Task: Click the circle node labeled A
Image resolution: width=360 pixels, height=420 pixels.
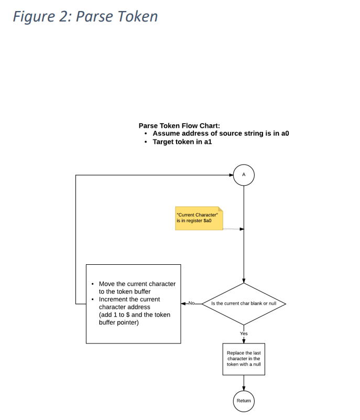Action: point(244,175)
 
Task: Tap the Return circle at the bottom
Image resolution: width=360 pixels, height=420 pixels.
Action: point(244,401)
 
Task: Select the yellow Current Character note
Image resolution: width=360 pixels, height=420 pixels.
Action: point(199,218)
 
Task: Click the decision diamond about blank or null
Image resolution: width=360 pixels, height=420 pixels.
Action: point(244,304)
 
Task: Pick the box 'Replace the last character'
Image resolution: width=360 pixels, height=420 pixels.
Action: point(244,359)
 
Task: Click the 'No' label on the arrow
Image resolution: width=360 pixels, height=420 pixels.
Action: point(191,303)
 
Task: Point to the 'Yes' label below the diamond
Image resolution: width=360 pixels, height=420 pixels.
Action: point(244,333)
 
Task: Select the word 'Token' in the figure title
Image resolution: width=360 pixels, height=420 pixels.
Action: point(138,16)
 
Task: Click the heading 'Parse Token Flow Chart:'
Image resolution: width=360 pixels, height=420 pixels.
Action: point(179,125)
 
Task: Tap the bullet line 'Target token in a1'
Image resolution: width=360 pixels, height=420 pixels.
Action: point(182,142)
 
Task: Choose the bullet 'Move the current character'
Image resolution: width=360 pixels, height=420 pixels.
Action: point(137,287)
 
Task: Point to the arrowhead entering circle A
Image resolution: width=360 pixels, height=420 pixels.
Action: point(231,175)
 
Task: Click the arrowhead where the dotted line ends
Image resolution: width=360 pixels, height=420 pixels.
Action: point(242,229)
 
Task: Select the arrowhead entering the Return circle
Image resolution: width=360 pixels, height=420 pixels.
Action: point(244,389)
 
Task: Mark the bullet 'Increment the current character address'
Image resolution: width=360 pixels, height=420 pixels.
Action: point(129,303)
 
